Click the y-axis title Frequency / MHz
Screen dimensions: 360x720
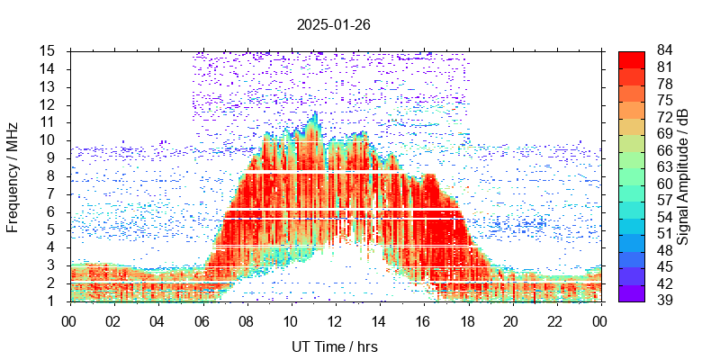tap(13, 175)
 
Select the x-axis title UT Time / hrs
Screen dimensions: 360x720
tap(333, 346)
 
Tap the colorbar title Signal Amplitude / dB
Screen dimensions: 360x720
tap(683, 175)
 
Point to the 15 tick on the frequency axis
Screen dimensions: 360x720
tap(49, 50)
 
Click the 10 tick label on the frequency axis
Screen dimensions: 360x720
tap(49, 139)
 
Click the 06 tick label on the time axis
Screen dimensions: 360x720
tap(202, 319)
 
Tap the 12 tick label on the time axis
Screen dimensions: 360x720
tap(334, 319)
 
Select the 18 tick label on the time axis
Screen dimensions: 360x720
tap(467, 319)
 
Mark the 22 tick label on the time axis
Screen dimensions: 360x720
tap(555, 319)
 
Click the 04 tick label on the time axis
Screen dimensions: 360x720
tap(157, 319)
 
